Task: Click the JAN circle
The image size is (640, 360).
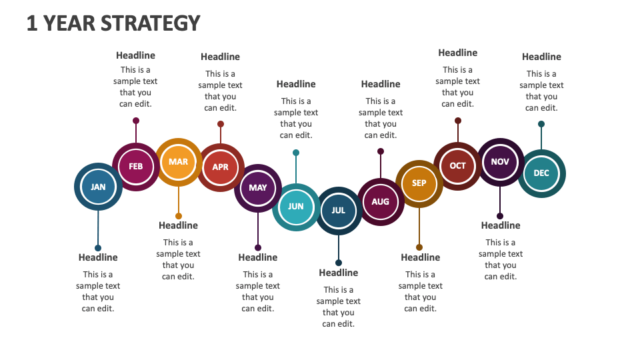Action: coord(98,187)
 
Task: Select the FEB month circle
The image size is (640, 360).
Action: coord(135,167)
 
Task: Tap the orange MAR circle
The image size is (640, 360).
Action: coord(178,162)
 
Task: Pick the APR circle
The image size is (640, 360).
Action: coord(220,167)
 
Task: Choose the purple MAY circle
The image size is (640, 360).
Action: coord(258,188)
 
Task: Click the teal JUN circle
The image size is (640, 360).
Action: coord(296,207)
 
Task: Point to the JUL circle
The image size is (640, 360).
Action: coord(339,211)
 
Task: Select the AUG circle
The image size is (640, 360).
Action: coord(381,202)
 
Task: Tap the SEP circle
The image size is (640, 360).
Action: coord(419,183)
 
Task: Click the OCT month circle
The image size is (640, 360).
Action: coord(458,166)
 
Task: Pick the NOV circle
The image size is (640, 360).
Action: coord(500,162)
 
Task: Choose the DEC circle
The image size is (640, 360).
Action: coord(541,173)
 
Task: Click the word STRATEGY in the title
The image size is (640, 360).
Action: coord(151,23)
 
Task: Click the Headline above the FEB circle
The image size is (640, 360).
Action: coord(135,55)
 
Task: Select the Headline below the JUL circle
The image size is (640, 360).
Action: coord(339,273)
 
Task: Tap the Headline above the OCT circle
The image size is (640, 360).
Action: coord(458,53)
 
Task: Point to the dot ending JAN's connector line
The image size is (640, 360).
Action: coord(98,248)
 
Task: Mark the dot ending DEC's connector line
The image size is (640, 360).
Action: coord(541,124)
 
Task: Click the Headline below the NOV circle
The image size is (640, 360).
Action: coord(501,225)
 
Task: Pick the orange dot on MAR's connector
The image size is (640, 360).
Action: coord(179,216)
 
